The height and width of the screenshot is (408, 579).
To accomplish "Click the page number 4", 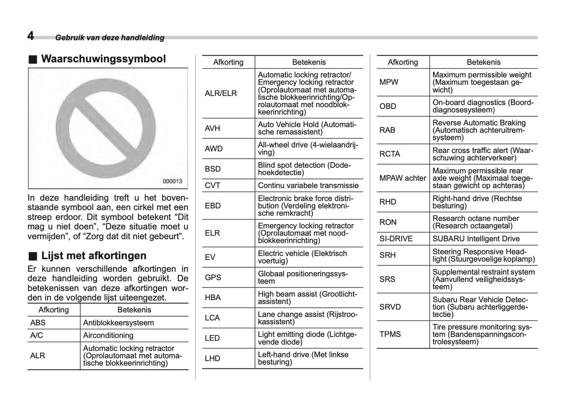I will pos(30,36).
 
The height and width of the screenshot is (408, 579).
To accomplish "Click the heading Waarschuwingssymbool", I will pos(103,59).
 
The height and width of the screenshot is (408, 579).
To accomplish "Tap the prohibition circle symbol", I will pos(105,128).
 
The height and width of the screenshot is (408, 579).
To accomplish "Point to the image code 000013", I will pos(172,181).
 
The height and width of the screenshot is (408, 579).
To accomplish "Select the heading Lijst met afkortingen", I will pos(93,256).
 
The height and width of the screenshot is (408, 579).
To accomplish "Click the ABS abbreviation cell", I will pos(38,323).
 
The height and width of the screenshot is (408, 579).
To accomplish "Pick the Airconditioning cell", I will pos(108,335).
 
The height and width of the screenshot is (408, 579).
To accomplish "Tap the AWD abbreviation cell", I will pos(214,149).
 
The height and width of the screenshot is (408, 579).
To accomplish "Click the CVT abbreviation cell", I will pos(212,186).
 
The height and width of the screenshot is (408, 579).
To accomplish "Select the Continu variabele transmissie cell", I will pos(308,186).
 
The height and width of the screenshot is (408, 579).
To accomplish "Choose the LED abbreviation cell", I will pos(212,338).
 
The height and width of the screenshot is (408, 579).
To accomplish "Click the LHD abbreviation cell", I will pos(212,358).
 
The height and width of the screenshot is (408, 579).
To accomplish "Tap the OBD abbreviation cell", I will pos(387,106).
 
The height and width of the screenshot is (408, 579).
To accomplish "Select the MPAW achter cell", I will pos(402,178).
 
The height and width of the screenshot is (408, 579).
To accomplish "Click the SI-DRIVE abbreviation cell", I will pos(396,239).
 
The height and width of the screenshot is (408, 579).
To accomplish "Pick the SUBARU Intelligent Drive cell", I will pos(476,239).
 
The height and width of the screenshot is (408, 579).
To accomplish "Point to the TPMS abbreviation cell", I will pos(390,334).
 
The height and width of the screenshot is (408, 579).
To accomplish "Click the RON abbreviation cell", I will pos(388,222).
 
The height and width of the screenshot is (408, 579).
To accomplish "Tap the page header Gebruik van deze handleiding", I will pos(110,38).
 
